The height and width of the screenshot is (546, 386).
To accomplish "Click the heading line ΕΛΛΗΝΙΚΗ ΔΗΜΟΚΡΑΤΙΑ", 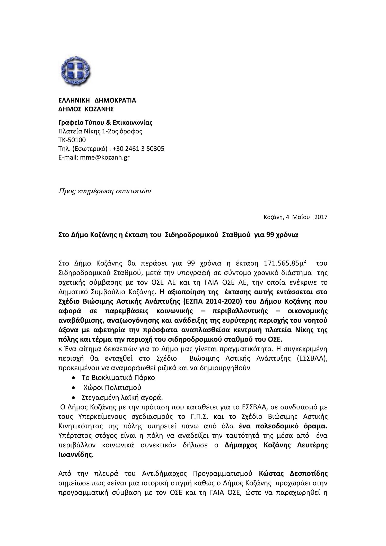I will [x=97, y=100].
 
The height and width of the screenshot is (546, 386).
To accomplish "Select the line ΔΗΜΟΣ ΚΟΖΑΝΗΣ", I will [x=86, y=109].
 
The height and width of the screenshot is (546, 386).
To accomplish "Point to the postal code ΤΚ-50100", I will [x=72, y=140].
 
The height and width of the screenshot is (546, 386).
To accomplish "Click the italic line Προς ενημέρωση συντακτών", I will [x=105, y=191].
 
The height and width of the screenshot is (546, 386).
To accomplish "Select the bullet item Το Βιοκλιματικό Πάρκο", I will [x=118, y=378].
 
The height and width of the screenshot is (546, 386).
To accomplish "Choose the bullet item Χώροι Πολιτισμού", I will [x=112, y=387].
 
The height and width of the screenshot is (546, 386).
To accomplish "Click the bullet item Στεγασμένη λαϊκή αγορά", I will [x=122, y=397].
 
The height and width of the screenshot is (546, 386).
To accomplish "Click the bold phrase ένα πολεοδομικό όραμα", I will [x=283, y=426].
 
